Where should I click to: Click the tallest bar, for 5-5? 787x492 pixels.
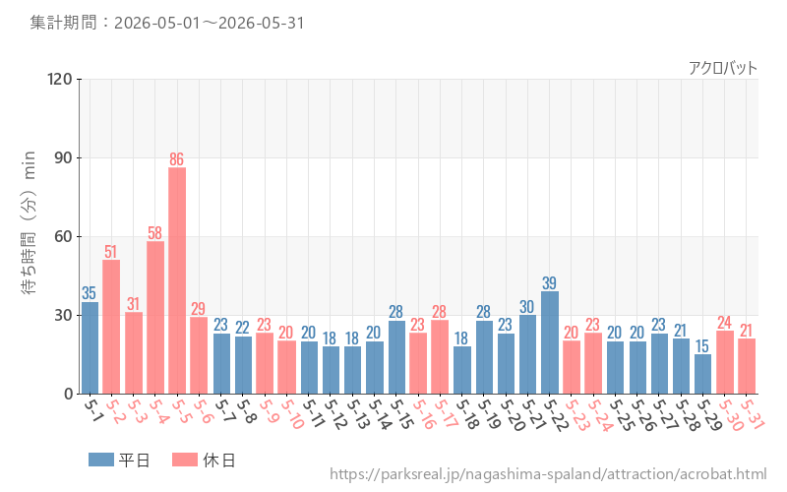pyautogui.click(x=177, y=280)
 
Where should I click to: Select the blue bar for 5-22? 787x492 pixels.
pyautogui.click(x=550, y=342)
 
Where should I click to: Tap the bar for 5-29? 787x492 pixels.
pyautogui.click(x=702, y=374)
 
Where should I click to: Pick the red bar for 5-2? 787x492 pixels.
pyautogui.click(x=111, y=327)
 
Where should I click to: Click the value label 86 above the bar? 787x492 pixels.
pyautogui.click(x=177, y=159)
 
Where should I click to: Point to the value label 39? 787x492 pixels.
pyautogui.click(x=550, y=282)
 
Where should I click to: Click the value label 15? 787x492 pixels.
pyautogui.click(x=702, y=346)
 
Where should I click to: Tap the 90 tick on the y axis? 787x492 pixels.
pyautogui.click(x=63, y=157)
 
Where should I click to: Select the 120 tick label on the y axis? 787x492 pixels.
pyautogui.click(x=60, y=79)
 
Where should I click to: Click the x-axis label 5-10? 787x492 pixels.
pyautogui.click(x=291, y=413)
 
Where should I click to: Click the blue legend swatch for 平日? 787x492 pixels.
pyautogui.click(x=101, y=460)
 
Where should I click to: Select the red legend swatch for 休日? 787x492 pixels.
pyautogui.click(x=185, y=460)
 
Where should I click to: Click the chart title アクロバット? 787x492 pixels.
pyautogui.click(x=723, y=68)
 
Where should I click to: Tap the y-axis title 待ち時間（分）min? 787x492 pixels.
pyautogui.click(x=30, y=222)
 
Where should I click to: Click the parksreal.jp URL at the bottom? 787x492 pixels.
pyautogui.click(x=548, y=474)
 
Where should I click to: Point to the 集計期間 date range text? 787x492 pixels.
pyautogui.click(x=167, y=23)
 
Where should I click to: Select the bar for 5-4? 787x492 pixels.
pyautogui.click(x=155, y=317)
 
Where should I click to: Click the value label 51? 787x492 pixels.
pyautogui.click(x=111, y=251)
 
